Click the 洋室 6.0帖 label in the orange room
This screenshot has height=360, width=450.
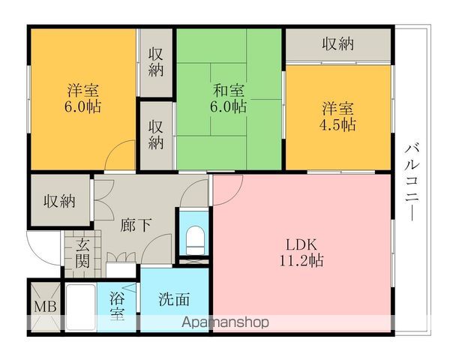[x=83, y=98]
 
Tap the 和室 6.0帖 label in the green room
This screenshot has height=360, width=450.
[x=228, y=98]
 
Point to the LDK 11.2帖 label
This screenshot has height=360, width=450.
[x=303, y=253]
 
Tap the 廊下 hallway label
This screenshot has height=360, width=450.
[x=135, y=224]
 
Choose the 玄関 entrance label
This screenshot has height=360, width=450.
[x=82, y=253]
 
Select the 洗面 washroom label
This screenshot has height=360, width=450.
[x=173, y=299]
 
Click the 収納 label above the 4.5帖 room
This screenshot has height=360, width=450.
[x=338, y=43]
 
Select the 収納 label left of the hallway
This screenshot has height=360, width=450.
[x=59, y=201]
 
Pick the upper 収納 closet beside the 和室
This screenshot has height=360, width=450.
[x=156, y=62]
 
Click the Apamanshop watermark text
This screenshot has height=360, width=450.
[x=226, y=322]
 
